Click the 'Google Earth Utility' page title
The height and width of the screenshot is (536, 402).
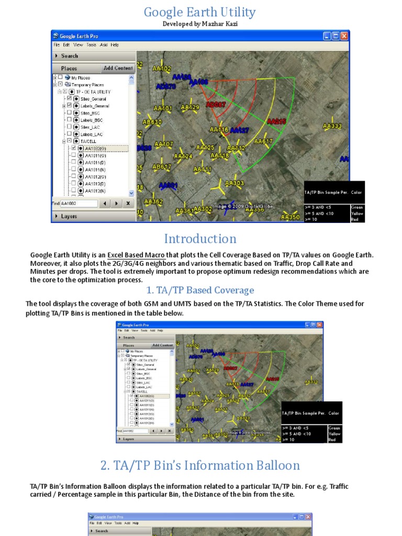[x=199, y=12]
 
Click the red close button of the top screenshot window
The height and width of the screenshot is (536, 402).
[x=344, y=36]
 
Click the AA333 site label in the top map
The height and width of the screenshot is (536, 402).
[x=332, y=126]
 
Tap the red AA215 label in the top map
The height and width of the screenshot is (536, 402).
[x=276, y=121]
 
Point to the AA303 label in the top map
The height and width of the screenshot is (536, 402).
[x=234, y=183]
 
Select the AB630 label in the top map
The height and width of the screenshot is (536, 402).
[x=152, y=122]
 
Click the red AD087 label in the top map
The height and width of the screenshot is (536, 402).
[x=216, y=105]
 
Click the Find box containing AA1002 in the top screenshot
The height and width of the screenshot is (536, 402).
[x=79, y=203]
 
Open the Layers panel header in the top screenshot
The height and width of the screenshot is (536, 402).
[x=69, y=216]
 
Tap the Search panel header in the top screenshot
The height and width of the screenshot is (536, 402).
[x=69, y=56]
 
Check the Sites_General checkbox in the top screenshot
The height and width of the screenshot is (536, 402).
[x=69, y=98]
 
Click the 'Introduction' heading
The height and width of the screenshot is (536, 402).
[x=200, y=239]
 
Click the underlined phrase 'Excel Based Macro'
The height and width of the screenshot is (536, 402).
[x=137, y=255]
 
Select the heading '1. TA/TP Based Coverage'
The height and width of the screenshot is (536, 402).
[x=199, y=290]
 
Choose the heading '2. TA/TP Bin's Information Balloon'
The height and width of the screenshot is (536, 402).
[x=200, y=465]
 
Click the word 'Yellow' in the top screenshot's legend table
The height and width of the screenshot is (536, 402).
[x=357, y=214]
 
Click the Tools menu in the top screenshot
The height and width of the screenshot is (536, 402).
[x=91, y=45]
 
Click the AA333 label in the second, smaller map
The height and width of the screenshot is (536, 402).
[x=311, y=382]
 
